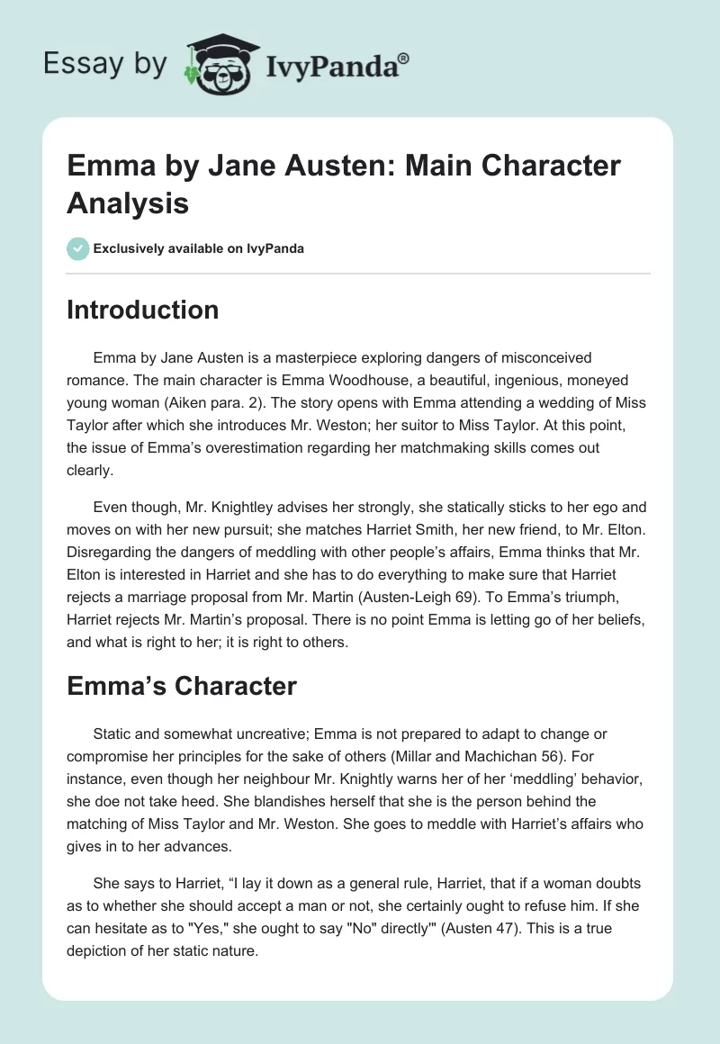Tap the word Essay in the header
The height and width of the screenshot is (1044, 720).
click(x=72, y=63)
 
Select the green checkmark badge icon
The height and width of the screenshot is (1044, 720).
click(x=78, y=249)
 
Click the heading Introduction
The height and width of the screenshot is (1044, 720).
click(x=143, y=310)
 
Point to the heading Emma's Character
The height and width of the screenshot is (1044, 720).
click(x=182, y=686)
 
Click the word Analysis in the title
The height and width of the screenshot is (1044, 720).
click(x=128, y=202)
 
